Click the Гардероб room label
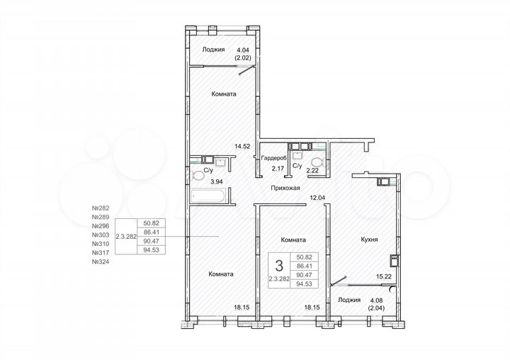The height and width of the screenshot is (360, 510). pos(273,158)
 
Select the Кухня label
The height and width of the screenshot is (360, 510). pos(368,240)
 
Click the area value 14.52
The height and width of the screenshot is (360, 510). pos(243,147)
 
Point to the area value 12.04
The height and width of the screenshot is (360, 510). pos(314,197)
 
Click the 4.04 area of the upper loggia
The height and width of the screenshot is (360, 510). pos(243,50)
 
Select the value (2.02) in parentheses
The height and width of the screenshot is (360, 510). pos(243,58)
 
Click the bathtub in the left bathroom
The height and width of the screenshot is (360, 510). pos(208,195)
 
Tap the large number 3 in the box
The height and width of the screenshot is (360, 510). pos(278,266)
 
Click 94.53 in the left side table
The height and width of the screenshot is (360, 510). pos(150,249)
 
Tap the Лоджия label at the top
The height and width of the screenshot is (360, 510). pos(213,50)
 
